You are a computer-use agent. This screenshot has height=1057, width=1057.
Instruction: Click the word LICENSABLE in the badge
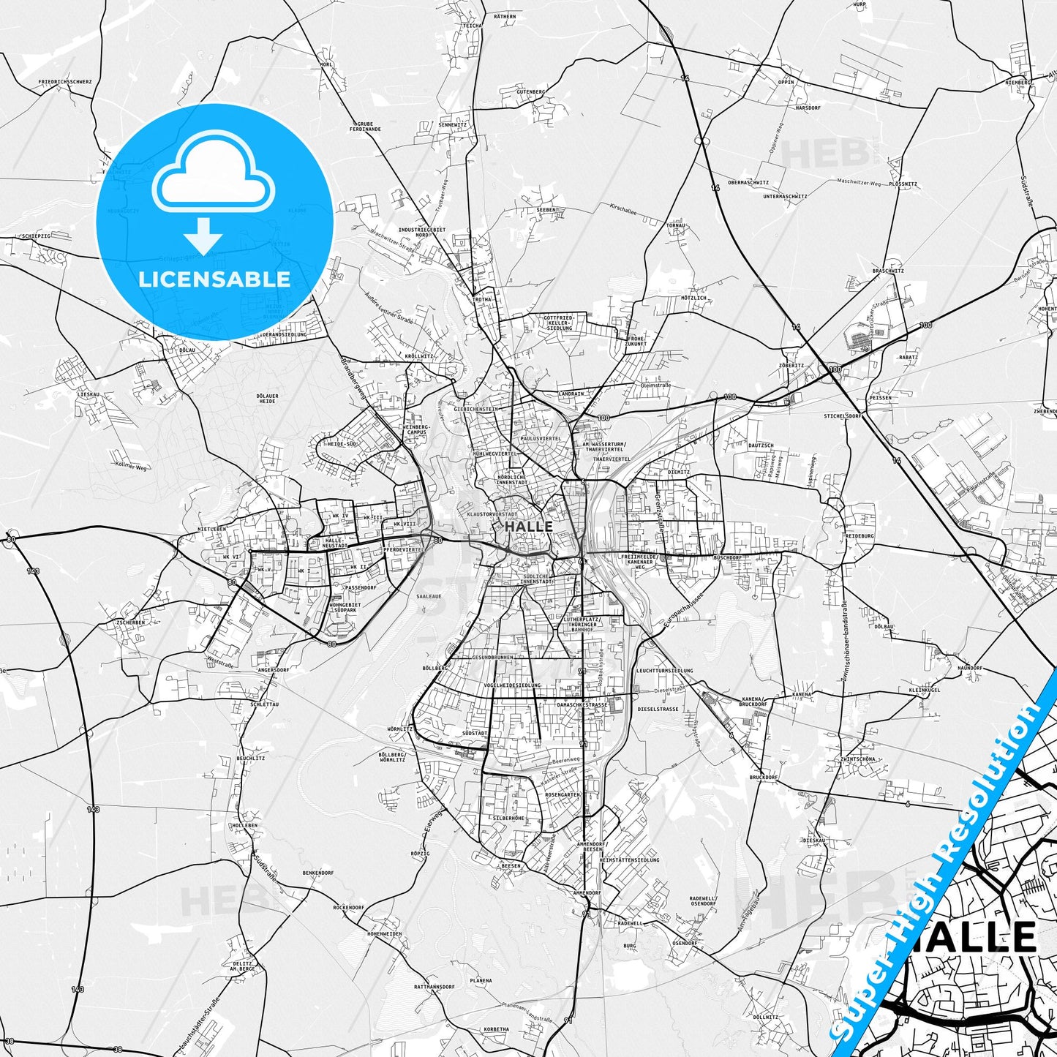coord(215,279)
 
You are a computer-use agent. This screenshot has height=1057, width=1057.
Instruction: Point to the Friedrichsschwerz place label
coord(66,82)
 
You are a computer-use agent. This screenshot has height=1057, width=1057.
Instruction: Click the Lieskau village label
coord(89,394)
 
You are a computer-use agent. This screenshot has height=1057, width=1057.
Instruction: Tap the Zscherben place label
coord(130,622)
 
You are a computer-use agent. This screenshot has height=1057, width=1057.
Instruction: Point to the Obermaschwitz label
coord(748,182)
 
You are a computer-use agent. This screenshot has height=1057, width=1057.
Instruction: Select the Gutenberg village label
coord(531,91)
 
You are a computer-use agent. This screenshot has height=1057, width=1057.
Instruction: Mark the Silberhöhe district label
coord(509,818)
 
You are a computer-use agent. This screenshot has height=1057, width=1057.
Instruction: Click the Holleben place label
coord(245,825)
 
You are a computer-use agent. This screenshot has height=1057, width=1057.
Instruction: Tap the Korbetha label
coord(496,1029)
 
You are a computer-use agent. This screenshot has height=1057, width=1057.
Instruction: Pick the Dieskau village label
coord(814,840)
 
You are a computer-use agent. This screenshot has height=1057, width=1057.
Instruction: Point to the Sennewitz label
coord(452,124)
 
